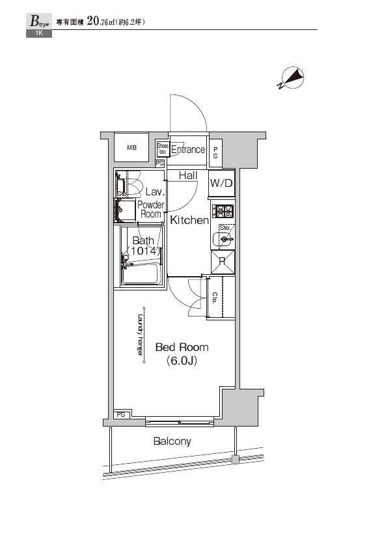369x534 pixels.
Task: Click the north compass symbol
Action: pyautogui.click(x=292, y=79)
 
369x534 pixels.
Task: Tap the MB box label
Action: pyautogui.click(x=132, y=148)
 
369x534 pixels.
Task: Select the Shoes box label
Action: pyautogui.click(x=163, y=149)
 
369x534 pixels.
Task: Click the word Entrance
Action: pyautogui.click(x=188, y=150)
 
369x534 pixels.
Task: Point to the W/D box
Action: pyautogui.click(x=221, y=183)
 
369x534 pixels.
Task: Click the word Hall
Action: pyautogui.click(x=188, y=175)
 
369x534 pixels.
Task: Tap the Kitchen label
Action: pyautogui.click(x=189, y=220)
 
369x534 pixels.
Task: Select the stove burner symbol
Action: pyautogui.click(x=222, y=211)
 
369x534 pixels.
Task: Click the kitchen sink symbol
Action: pyautogui.click(x=225, y=239)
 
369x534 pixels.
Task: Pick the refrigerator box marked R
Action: pyautogui.click(x=221, y=262)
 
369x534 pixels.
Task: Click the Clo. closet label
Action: pyautogui.click(x=215, y=297)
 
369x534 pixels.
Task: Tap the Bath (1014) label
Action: pyautogui.click(x=143, y=246)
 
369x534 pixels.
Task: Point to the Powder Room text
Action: pyautogui.click(x=151, y=210)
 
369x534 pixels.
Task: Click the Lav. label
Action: pyautogui.click(x=154, y=191)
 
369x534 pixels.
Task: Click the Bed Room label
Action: pyautogui.click(x=182, y=347)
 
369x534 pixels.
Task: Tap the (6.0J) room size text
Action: pyautogui.click(x=182, y=361)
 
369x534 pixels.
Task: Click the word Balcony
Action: pyautogui.click(x=172, y=441)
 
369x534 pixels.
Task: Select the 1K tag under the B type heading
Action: pyautogui.click(x=38, y=33)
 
